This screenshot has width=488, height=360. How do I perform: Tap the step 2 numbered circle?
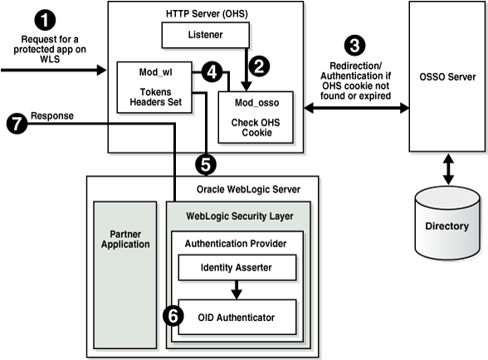click(x=260, y=63)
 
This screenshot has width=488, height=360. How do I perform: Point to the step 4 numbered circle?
click(x=213, y=72)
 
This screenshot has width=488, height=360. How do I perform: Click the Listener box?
click(x=204, y=35)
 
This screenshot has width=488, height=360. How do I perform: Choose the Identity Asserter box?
click(x=237, y=268)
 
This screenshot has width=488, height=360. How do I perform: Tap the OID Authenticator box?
click(x=237, y=316)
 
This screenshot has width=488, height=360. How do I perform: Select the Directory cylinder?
click(x=447, y=223)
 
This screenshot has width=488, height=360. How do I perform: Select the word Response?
click(x=51, y=115)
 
